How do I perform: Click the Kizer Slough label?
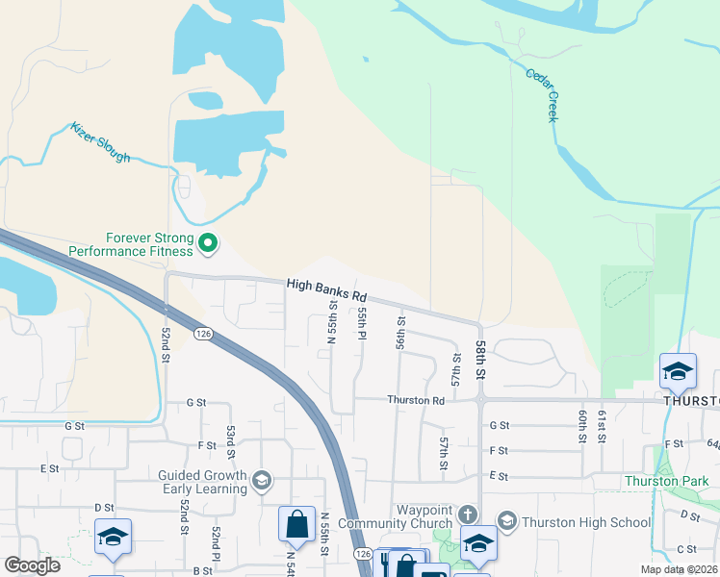100,141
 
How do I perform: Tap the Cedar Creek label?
541,94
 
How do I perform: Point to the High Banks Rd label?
327,287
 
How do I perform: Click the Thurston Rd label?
416,400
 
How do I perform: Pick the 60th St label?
583,425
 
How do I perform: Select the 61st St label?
603,425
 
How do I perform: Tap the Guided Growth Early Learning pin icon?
261,480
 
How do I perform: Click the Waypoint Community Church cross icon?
468,514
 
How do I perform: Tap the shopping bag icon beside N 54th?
296,525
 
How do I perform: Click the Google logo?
32,565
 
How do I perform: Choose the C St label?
686,549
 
